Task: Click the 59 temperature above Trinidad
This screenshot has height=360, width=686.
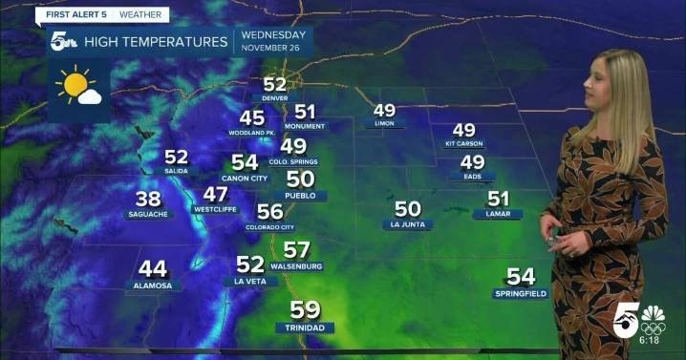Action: click(x=305, y=309)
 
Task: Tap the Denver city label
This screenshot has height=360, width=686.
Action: click(x=274, y=97)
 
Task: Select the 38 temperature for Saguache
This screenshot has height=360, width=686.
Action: click(x=148, y=199)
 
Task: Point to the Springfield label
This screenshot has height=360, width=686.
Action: click(x=521, y=293)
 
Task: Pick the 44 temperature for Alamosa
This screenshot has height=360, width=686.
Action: click(x=153, y=269)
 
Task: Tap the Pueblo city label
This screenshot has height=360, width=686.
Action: click(x=300, y=195)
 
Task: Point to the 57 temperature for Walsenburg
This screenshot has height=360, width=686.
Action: click(x=296, y=250)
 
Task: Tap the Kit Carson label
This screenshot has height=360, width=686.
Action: click(x=463, y=144)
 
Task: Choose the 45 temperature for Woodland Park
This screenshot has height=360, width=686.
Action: click(x=251, y=118)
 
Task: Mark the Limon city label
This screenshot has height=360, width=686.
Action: click(x=384, y=124)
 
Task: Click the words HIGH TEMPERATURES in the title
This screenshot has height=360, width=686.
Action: click(x=156, y=41)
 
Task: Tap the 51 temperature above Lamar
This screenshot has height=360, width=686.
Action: click(x=498, y=199)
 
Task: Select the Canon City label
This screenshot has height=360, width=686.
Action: click(x=244, y=178)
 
